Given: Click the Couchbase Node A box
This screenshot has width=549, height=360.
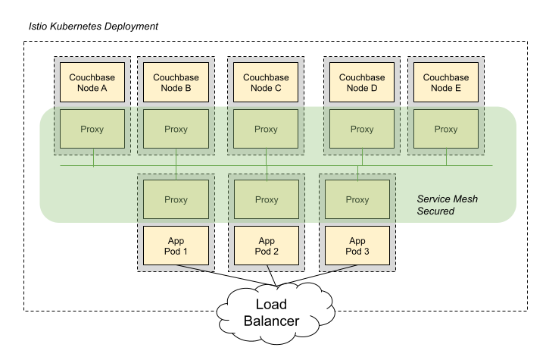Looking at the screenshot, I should pos(88,82).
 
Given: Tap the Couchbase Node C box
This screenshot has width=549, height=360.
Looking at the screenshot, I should pos(266,82).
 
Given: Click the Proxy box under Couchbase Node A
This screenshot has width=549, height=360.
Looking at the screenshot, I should pos(92,129).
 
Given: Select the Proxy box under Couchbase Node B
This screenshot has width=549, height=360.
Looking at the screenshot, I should pos(176,129).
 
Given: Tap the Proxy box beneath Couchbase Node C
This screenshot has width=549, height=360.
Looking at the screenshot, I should pos(266,129).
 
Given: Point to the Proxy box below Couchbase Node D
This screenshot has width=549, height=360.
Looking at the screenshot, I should pos(361,129).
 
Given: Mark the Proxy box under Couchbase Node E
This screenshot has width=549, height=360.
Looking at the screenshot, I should pos(445,129).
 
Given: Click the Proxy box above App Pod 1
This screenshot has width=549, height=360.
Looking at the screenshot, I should pos(176,200).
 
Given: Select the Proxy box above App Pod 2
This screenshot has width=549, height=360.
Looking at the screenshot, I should pos(266,200).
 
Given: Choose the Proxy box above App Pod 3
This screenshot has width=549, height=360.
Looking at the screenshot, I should pos(357,200).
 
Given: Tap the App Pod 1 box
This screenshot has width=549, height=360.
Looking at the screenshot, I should pos(176,246).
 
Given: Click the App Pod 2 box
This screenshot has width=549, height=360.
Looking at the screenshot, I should pos(266,246).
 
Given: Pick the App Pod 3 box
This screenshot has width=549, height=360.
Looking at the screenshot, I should pos(357,246).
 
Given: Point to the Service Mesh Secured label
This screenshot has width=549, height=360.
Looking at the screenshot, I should pos(446,205).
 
